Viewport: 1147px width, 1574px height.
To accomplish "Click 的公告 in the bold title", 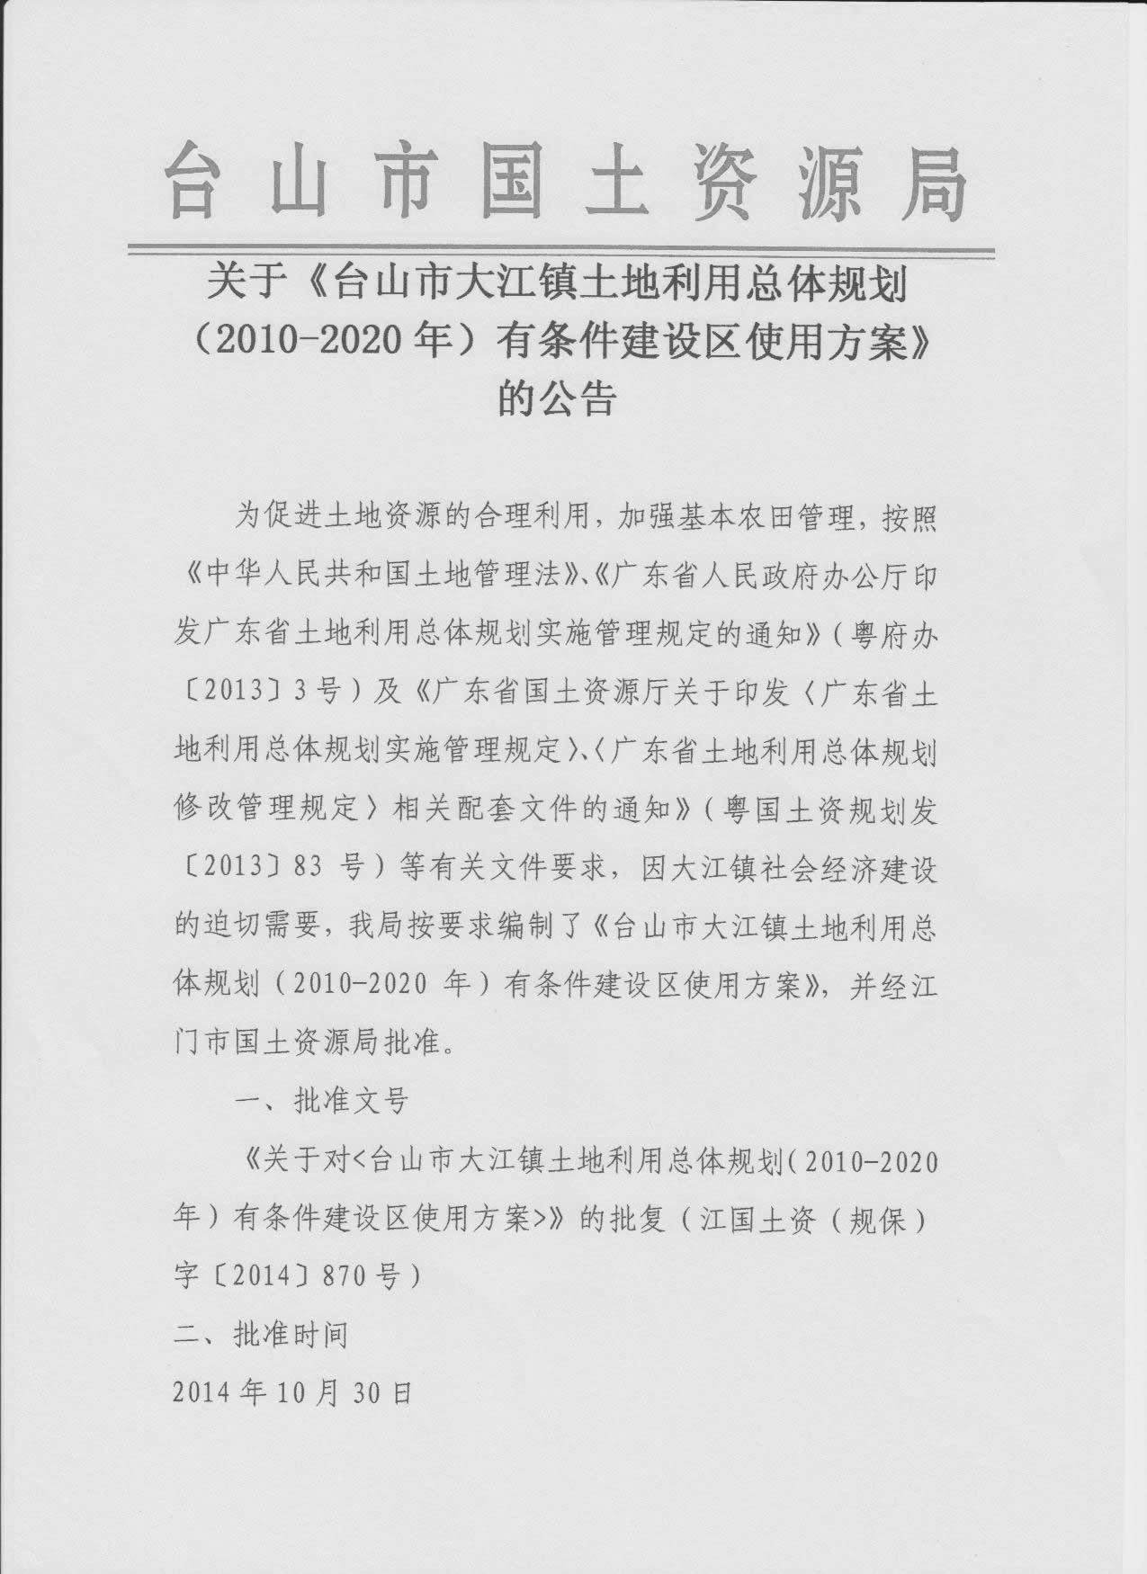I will [x=557, y=398].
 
